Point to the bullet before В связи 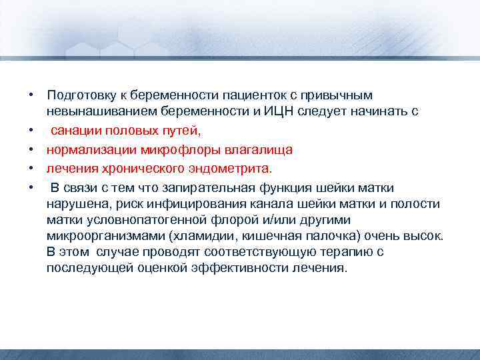[x=31, y=188]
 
